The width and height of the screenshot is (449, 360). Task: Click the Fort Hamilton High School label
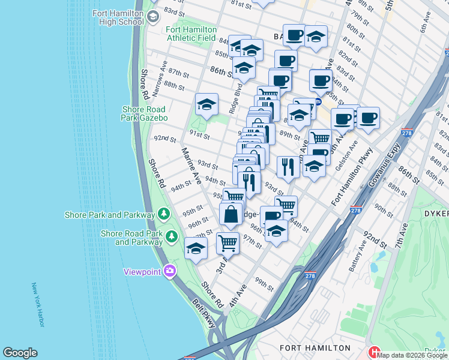click(x=118, y=17)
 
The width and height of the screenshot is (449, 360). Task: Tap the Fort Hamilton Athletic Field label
click(x=191, y=34)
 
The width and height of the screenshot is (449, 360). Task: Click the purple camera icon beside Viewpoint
click(x=170, y=271)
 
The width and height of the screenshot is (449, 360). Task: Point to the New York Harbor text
click(x=37, y=305)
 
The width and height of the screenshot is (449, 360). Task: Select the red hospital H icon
click(x=375, y=352)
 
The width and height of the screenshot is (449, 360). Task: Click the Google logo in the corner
click(x=20, y=353)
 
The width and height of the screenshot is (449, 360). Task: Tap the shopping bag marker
click(x=231, y=214)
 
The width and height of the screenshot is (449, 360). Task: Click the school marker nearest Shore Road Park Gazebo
click(x=206, y=104)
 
